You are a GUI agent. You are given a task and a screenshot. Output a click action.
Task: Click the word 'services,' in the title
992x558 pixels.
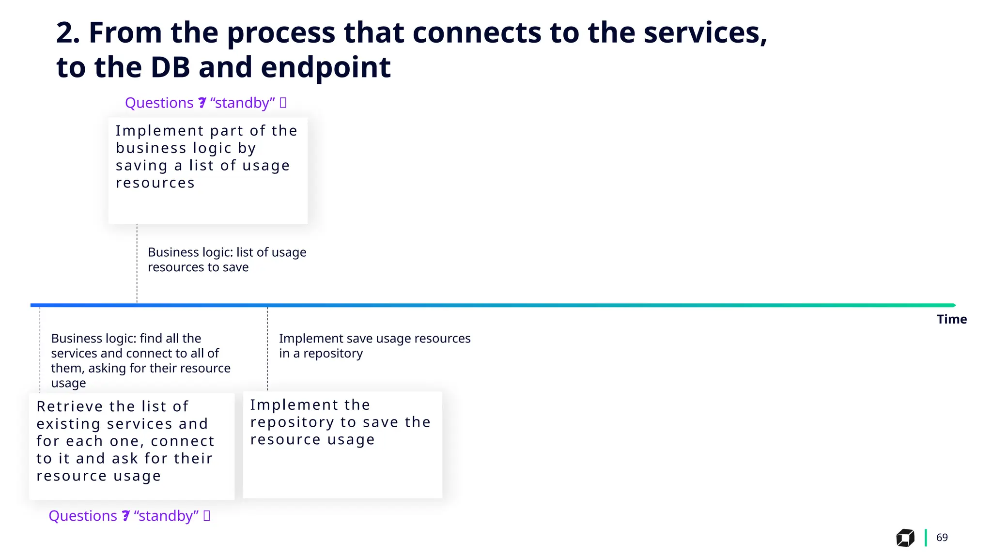(x=705, y=33)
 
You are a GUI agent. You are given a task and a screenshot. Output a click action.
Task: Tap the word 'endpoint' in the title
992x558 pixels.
(x=325, y=67)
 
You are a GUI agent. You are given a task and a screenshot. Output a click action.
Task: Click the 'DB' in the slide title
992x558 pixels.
(x=170, y=67)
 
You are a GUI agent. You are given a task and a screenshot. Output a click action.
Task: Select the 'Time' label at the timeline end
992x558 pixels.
(x=951, y=319)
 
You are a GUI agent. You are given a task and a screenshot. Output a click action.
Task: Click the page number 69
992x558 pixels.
(x=942, y=537)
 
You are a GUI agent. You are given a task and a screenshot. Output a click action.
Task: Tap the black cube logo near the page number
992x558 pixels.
(x=905, y=538)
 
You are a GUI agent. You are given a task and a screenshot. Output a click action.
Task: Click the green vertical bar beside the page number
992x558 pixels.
(x=926, y=538)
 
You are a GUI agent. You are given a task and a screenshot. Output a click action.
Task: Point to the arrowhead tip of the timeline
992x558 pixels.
(x=954, y=305)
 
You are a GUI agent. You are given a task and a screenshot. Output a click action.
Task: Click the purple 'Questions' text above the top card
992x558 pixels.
(x=159, y=103)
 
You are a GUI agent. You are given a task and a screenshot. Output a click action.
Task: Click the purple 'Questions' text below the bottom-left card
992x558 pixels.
(x=83, y=516)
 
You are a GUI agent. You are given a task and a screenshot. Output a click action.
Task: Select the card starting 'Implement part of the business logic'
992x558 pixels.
(x=208, y=170)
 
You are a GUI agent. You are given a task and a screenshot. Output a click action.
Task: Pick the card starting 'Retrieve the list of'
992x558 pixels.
(x=132, y=446)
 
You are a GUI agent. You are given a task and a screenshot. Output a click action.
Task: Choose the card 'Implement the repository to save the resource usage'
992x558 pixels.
(x=342, y=444)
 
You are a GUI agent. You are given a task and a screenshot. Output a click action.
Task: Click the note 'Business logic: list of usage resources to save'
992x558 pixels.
(x=227, y=260)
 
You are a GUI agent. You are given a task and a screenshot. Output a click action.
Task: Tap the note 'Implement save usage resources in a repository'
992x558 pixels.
(x=374, y=345)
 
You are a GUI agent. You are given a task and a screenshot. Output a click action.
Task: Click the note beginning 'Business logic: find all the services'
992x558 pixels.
(x=140, y=360)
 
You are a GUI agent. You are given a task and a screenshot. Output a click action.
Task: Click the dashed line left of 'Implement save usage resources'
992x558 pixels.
(x=267, y=349)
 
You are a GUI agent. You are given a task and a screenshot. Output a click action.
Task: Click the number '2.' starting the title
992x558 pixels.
(x=68, y=33)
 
